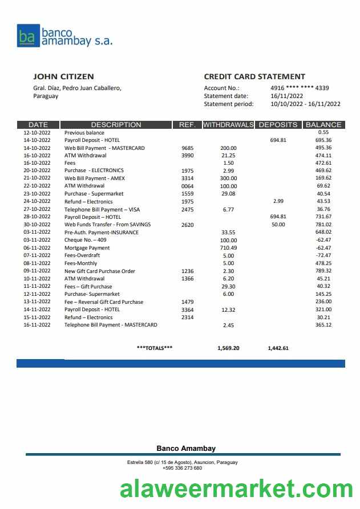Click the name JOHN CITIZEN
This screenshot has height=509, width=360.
[63, 76]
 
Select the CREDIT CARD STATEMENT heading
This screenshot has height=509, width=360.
[254, 76]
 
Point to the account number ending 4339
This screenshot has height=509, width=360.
[300, 88]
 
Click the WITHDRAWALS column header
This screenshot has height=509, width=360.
[228, 124]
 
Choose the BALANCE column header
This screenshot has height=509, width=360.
[323, 124]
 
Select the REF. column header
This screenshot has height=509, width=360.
[187, 124]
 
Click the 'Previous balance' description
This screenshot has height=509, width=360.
[84, 132]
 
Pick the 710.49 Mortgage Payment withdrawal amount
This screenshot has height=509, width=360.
[228, 248]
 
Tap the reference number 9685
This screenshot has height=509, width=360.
[187, 148]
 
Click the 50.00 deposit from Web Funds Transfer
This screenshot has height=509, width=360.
[278, 225]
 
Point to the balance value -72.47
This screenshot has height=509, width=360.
[323, 256]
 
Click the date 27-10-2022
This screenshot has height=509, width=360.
[37, 209]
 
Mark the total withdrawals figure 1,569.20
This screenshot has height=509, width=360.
[228, 348]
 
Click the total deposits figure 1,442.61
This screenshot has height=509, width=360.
[278, 348]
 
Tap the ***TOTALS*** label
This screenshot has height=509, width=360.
[155, 348]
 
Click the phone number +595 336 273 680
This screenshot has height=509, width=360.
[182, 468]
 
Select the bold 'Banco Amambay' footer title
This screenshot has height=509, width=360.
[186, 449]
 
